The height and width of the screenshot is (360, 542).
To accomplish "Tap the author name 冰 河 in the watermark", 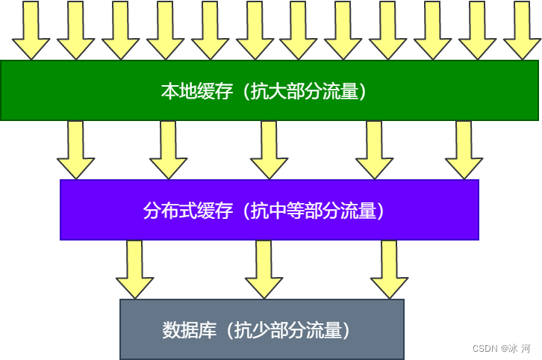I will (520, 349).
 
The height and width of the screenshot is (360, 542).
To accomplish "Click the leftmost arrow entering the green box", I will (31, 30).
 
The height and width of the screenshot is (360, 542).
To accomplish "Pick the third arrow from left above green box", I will (120, 30).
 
